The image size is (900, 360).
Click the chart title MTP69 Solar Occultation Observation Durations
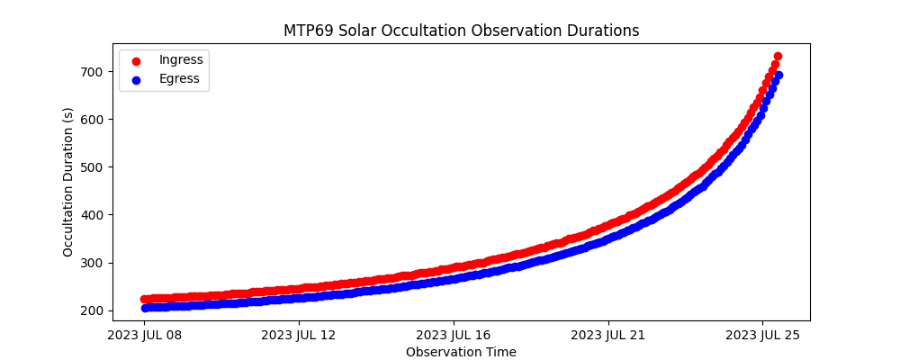(461, 31)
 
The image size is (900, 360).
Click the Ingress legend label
(181, 59)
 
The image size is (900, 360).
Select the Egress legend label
(180, 78)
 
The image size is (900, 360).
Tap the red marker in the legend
(136, 60)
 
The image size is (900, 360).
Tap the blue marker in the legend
(136, 79)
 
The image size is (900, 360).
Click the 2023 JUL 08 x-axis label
(144, 336)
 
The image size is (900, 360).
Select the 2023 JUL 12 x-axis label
(299, 336)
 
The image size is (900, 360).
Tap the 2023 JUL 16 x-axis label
(454, 336)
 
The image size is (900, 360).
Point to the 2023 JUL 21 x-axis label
(608, 336)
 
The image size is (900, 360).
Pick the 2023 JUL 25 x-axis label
(763, 336)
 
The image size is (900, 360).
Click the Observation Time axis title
(461, 352)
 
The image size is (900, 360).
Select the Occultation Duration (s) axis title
(68, 182)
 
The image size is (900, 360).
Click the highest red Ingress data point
(778, 56)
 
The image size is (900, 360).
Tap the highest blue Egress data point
(778, 76)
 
